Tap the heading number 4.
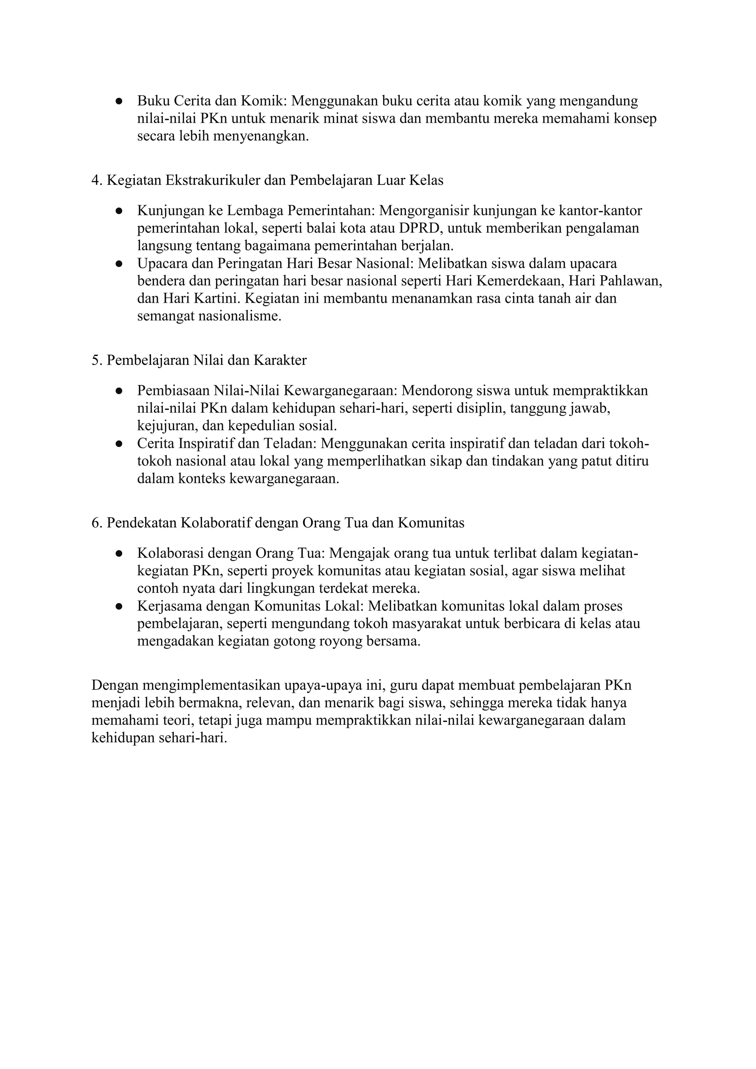pos(96,180)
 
